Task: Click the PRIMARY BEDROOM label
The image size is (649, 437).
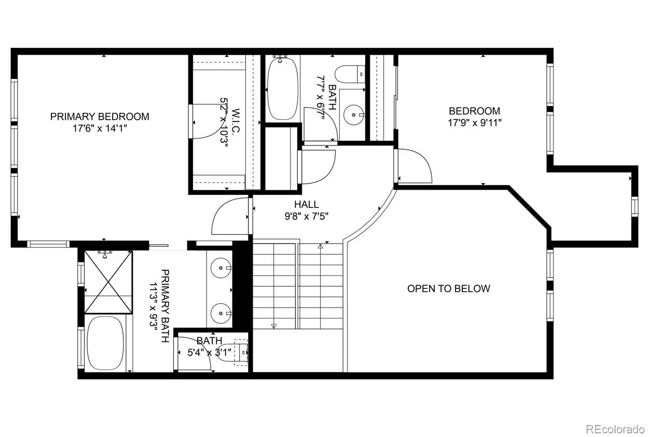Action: pos(100,116)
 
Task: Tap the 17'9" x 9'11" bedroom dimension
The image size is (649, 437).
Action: pos(475,123)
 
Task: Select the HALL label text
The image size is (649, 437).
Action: pos(307,205)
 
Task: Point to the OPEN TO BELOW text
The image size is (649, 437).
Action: pos(449,288)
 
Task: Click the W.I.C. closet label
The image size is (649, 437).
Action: pos(236,121)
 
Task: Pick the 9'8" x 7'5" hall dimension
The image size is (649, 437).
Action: pos(307,217)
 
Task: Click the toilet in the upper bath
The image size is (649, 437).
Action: pos(350,74)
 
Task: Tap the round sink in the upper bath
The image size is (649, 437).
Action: pos(354,115)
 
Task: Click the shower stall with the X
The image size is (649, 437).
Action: pos(108,282)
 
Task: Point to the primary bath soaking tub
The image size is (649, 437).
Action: pos(105,343)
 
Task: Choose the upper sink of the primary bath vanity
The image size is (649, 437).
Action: pos(221,268)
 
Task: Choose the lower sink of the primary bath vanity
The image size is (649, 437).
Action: pos(221,313)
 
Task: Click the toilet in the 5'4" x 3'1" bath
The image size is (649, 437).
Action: pos(232,352)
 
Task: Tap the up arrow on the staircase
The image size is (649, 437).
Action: pos(320,246)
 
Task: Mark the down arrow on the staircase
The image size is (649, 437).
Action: pos(274,326)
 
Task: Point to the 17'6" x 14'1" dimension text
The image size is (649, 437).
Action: pos(100,128)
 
